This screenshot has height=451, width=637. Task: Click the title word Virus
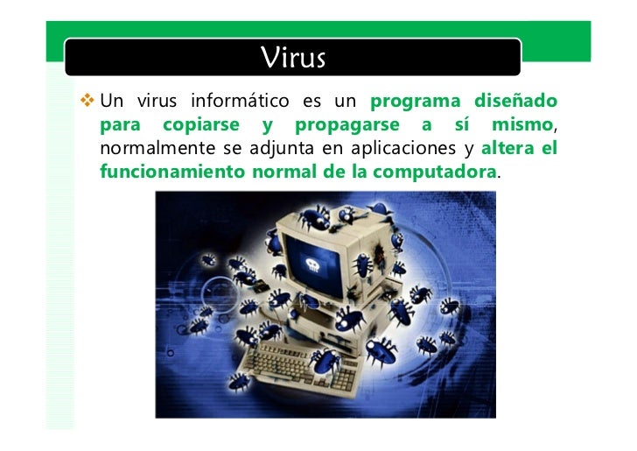293,58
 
